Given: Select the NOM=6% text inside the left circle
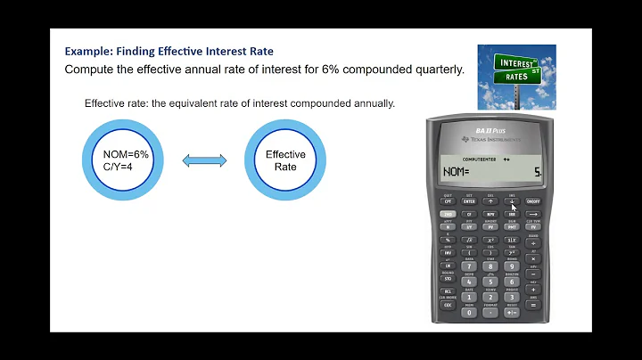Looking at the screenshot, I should click(126, 154).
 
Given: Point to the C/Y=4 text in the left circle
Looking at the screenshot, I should click(119, 167).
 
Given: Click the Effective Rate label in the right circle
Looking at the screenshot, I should click(285, 160).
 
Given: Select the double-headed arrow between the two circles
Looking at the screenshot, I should click(205, 160).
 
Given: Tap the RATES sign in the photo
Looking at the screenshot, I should click(515, 77).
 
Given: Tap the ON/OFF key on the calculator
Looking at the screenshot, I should click(534, 202).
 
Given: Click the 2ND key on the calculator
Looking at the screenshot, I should click(448, 215).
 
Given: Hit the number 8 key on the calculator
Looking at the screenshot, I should click(490, 266).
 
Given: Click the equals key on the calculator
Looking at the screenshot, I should click(534, 305).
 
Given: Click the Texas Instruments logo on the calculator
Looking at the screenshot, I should click(489, 140).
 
